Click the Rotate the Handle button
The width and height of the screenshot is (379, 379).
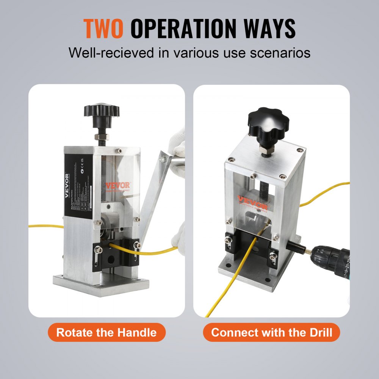[106, 333]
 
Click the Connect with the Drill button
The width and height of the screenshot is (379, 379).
[271, 333]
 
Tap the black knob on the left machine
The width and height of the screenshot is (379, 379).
[101, 111]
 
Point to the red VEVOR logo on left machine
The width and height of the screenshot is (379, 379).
[117, 186]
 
